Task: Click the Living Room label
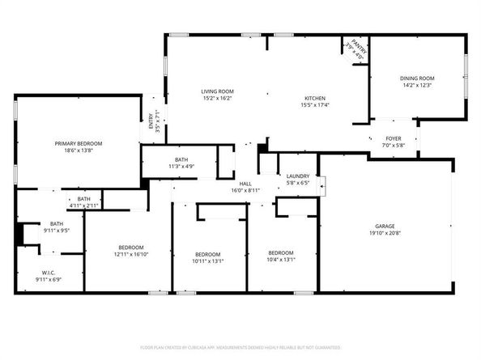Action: pos(217,91)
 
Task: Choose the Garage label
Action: pos(384,226)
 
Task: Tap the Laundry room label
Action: pos(298,176)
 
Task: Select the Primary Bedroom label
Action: pos(79,143)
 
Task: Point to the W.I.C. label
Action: pos(47,273)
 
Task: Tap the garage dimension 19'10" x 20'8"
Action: pos(384,233)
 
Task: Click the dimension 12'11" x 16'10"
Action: pos(131,254)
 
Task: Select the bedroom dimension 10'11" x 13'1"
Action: pos(208,260)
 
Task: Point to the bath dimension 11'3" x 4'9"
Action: pos(181,167)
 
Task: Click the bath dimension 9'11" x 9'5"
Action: pos(56,231)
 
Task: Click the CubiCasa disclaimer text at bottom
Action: pos(240,347)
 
